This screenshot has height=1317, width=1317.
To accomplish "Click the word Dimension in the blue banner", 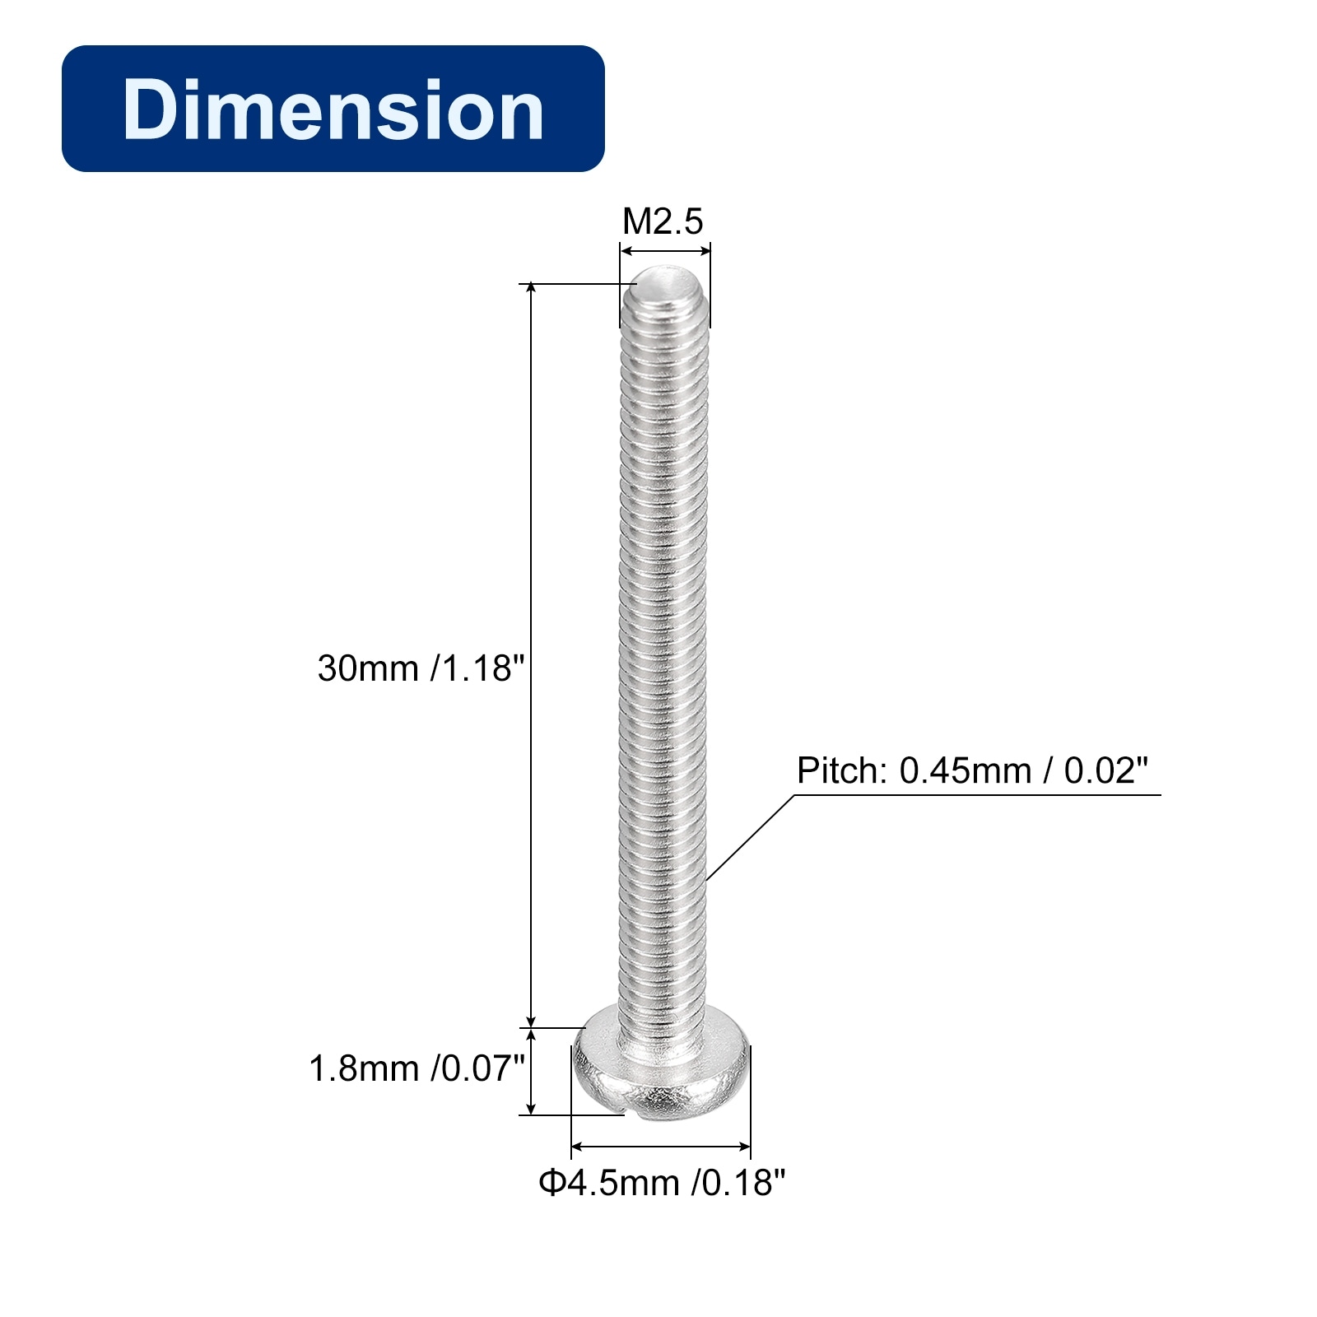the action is [333, 109].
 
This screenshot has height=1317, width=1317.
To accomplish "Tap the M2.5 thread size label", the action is [663, 221].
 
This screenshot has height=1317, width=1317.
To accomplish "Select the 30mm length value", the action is [369, 668].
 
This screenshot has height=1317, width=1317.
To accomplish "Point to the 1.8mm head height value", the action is [364, 1068].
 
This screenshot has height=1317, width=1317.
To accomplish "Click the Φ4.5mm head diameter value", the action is [609, 1183].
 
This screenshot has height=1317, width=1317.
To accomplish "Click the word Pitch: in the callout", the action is [842, 771].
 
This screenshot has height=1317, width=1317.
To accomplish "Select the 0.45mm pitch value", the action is [965, 771].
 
